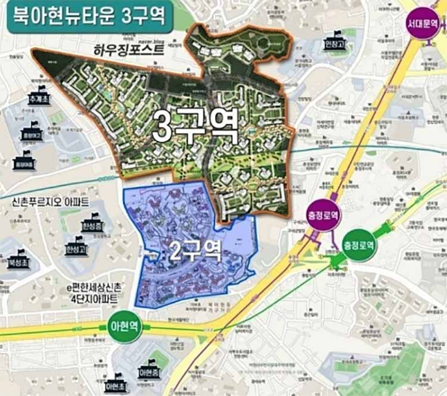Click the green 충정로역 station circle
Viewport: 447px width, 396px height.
[359, 245]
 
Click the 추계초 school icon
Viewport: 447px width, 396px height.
[40, 97]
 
